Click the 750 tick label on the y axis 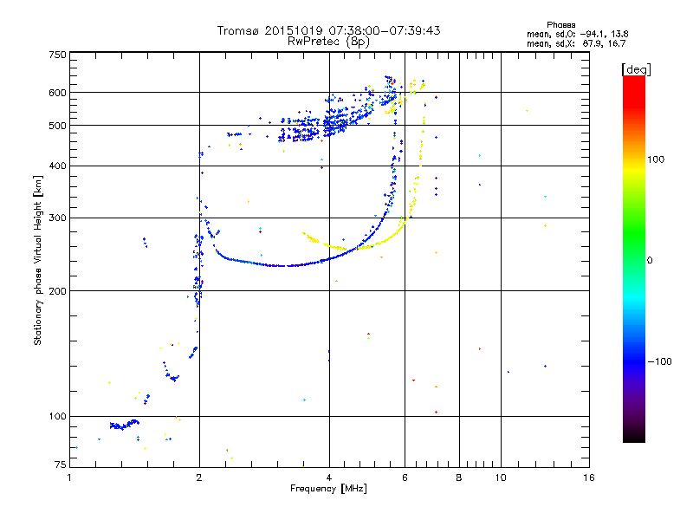tap(57, 54)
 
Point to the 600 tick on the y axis tap(57, 92)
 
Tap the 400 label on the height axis tap(57, 166)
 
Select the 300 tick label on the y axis tap(57, 218)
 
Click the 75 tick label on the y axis tap(60, 465)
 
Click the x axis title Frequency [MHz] tap(329, 489)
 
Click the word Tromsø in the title tap(238, 30)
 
